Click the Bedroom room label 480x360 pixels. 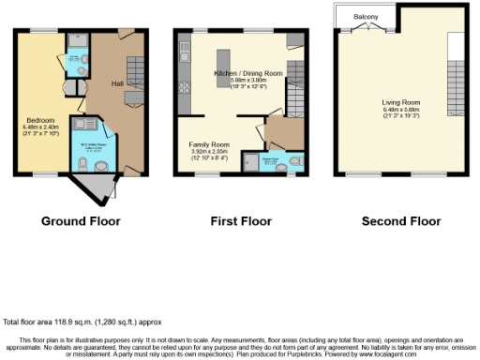(x=40, y=120)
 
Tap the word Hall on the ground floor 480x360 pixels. (x=117, y=83)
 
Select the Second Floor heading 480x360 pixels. (x=400, y=221)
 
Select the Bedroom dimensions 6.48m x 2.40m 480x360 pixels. (x=40, y=128)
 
